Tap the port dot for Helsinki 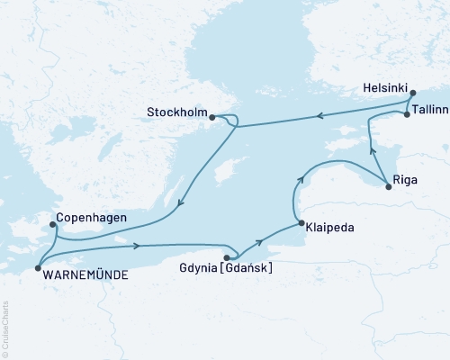tap(412, 93)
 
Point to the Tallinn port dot tap(407, 114)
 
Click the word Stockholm tap(176, 113)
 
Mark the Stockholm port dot tap(211, 116)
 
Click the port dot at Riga tap(388, 186)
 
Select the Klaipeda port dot tap(299, 224)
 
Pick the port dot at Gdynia tap(226, 257)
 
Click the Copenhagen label tap(90, 218)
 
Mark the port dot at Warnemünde tap(37, 267)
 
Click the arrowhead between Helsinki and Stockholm tap(317, 116)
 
